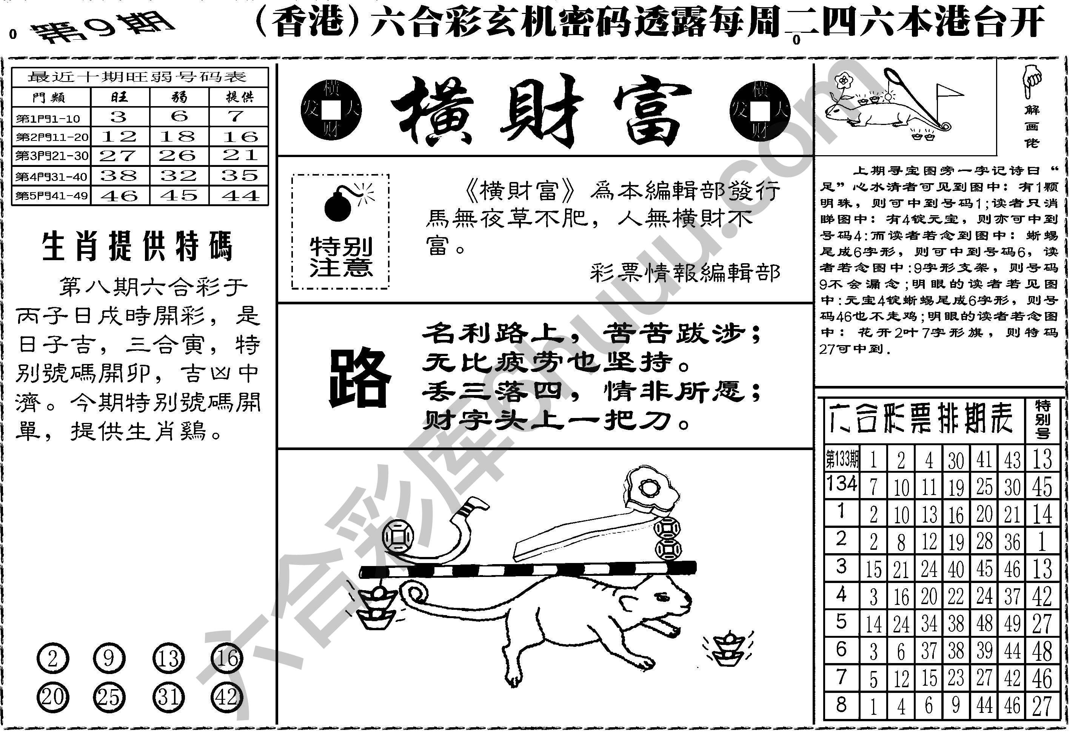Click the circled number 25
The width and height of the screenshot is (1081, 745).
coord(109,697)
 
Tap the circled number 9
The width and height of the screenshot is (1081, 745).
coord(109,659)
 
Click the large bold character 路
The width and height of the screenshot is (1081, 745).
coord(359,378)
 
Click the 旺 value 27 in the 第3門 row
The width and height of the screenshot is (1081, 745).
coord(119,156)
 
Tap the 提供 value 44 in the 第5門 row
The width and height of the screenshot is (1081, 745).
coord(239,196)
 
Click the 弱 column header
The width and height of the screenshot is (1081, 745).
coord(179,97)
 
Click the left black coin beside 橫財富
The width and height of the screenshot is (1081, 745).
coord(331,111)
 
